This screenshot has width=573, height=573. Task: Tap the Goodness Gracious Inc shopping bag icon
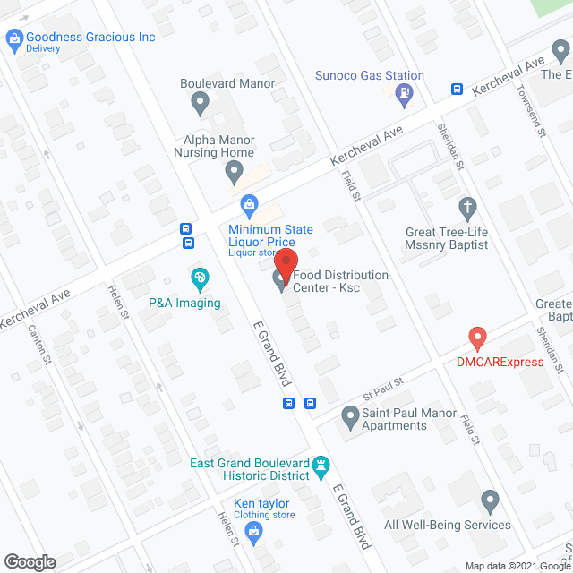point(14,38)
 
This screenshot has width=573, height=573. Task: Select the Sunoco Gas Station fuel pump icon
point(406,90)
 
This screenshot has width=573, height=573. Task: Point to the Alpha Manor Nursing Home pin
point(234,169)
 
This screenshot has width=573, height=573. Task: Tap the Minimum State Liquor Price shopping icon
point(251,208)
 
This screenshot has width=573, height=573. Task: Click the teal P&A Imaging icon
point(200,279)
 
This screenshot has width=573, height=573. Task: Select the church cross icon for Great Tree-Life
point(466,209)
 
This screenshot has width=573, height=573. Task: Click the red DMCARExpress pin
point(477,338)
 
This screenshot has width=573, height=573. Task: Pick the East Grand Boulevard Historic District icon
point(321,465)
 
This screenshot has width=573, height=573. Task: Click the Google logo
point(29,562)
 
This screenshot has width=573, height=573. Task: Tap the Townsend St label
point(540,116)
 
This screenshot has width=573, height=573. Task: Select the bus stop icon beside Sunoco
point(457,89)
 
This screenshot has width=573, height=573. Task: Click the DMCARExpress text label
point(500,362)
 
